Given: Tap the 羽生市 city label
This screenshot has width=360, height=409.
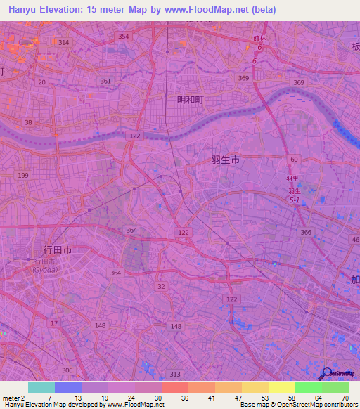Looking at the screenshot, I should click(226, 160).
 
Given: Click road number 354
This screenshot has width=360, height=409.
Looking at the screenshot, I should click(124, 36).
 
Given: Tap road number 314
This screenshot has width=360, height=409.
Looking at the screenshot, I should click(64, 43).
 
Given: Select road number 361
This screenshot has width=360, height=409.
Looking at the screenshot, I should click(106, 81).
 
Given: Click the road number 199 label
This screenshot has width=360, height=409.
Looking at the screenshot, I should click(24, 175).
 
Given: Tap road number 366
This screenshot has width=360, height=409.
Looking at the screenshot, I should click(306, 232).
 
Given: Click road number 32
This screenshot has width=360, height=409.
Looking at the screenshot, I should click(161, 286).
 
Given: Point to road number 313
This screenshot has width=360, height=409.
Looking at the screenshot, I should click(175, 374).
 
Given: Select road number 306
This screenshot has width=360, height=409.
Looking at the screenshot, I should click(67, 370).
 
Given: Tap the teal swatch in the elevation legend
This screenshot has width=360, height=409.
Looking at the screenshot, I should click(41, 387).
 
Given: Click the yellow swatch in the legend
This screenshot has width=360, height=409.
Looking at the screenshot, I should click(281, 387).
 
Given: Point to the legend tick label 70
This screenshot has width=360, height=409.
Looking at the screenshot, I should click(346, 398).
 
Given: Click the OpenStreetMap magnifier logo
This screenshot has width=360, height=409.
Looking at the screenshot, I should click(326, 373).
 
